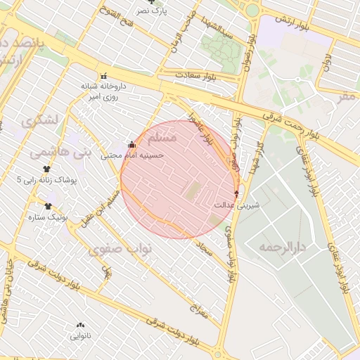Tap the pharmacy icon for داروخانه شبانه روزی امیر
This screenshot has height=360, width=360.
pyautogui.click(x=104, y=76)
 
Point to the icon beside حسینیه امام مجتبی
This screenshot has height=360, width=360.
pyautogui.click(x=131, y=145)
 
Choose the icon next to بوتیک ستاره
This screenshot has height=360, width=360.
pyautogui.click(x=48, y=206)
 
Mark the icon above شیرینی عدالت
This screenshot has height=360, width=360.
pyautogui.click(x=236, y=193)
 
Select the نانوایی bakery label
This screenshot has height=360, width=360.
pyautogui.click(x=79, y=336)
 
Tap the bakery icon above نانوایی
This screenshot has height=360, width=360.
pyautogui.click(x=79, y=326)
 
